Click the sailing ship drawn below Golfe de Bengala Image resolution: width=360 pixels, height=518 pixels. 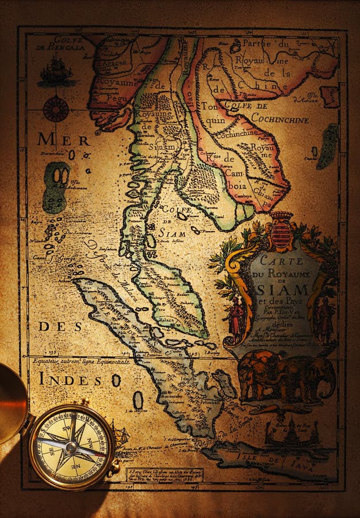(x=56, y=74)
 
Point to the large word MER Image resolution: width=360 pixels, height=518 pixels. (x=63, y=140)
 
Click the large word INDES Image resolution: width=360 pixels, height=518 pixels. (x=70, y=379)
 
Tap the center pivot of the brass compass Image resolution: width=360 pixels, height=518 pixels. (x=71, y=447)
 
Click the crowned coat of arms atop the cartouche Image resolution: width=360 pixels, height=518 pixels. (x=281, y=231)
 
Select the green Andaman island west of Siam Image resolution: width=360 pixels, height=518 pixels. (x=56, y=186)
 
